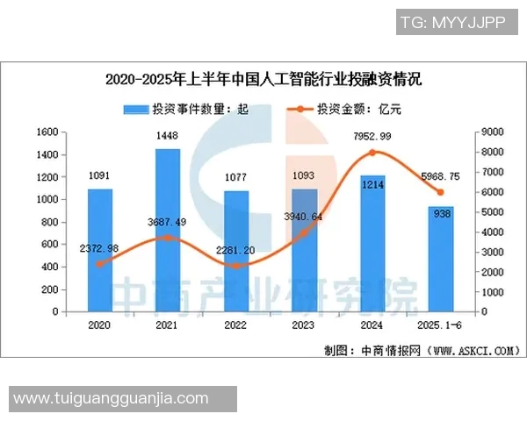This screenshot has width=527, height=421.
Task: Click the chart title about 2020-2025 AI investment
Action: [263, 80]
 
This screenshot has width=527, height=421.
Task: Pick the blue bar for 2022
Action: [237, 251]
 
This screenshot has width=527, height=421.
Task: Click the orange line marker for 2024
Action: [372, 153]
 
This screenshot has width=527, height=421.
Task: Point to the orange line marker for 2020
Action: [99, 263]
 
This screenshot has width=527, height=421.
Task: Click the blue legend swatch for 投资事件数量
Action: [136, 110]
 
